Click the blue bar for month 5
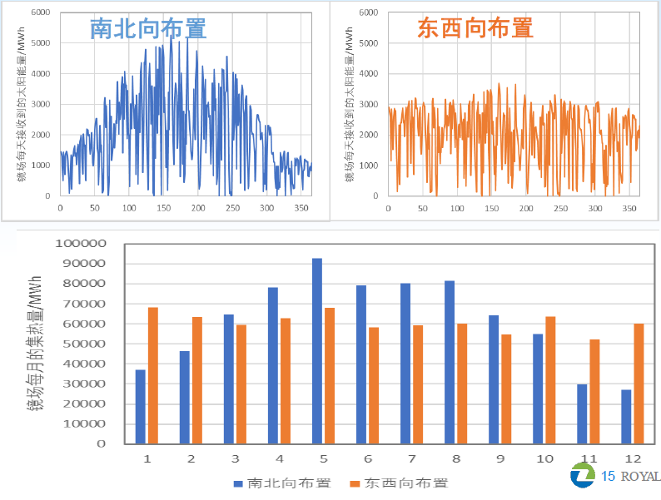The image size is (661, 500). (317, 350)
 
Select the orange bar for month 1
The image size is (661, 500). (153, 375)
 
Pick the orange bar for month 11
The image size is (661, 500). (593, 391)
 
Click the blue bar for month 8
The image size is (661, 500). (450, 362)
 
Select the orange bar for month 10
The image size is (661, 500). (549, 379)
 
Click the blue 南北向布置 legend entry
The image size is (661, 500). (281, 483)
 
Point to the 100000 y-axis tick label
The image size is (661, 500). (81, 245)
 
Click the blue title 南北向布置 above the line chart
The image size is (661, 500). (148, 29)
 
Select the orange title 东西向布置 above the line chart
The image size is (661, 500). (475, 29)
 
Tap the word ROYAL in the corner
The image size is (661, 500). (642, 477)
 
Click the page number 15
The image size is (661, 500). (608, 477)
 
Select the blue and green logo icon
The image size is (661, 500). (582, 476)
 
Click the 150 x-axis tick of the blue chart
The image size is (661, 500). (129, 208)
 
